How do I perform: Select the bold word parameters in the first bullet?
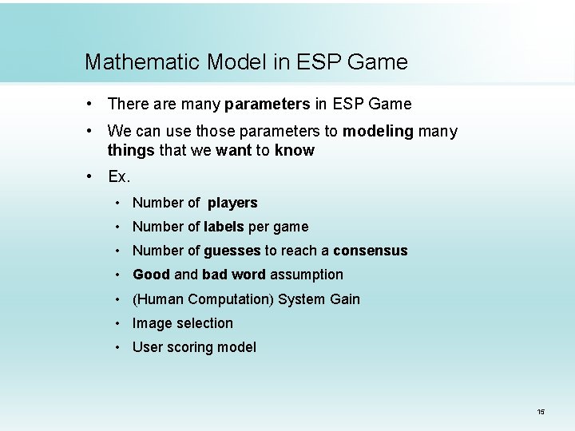[267, 104]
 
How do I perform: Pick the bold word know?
[294, 150]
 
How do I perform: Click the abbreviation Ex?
[119, 176]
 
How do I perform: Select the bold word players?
[232, 203]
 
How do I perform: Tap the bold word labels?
[224, 227]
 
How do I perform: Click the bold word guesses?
[232, 251]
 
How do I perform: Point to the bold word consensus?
[370, 251]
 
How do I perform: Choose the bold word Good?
[151, 275]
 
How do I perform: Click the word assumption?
[307, 275]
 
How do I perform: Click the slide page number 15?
[541, 412]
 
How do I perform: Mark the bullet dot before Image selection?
[117, 323]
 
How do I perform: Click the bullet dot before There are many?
[93, 104]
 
